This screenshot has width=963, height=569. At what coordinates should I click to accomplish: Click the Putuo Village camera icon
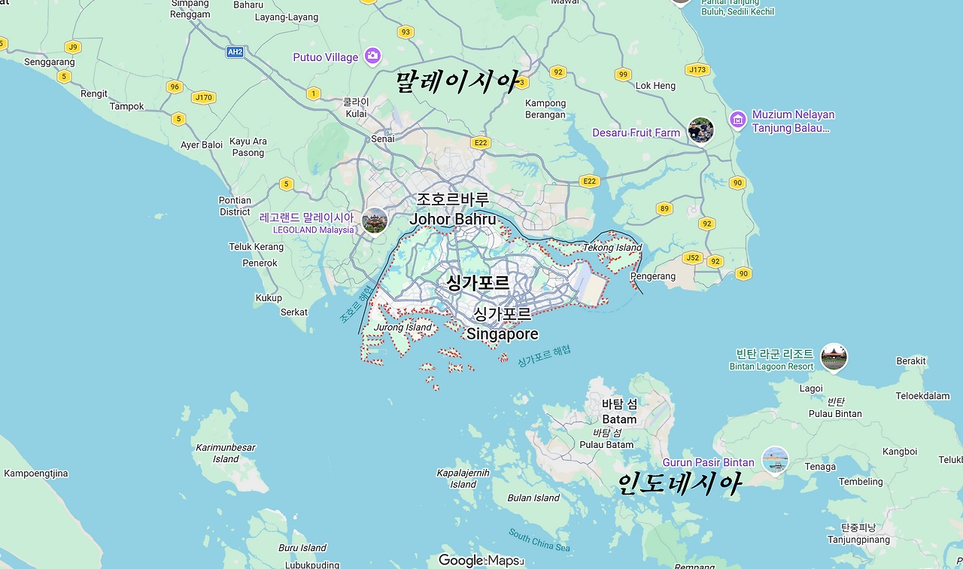tap(372, 56)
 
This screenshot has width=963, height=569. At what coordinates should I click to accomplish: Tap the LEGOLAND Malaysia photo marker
tap(374, 221)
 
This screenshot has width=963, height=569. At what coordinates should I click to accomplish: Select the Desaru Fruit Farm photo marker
tap(700, 130)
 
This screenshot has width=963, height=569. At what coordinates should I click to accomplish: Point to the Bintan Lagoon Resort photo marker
tap(834, 357)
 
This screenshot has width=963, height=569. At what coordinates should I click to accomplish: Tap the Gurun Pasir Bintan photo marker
tap(775, 460)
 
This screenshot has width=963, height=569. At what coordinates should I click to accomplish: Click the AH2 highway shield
tap(235, 52)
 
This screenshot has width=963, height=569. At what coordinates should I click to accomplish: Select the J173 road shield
tap(697, 70)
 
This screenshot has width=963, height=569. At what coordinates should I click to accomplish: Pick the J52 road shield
tap(692, 258)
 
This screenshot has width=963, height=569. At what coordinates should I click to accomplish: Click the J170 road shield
tap(203, 97)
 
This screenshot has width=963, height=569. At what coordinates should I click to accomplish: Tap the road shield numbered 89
tap(664, 208)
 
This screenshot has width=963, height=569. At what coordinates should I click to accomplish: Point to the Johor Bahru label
tap(452, 219)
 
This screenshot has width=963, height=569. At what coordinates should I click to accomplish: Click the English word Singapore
tap(502, 333)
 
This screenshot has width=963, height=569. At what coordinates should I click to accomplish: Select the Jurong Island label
tap(403, 327)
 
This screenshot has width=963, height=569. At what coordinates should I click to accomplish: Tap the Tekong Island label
tap(612, 248)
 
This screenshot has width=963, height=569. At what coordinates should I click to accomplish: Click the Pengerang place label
tap(652, 276)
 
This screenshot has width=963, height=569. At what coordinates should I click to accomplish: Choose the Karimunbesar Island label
tap(226, 452)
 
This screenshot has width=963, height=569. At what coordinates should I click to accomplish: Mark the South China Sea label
tap(539, 540)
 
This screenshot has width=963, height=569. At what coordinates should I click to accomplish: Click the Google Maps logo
tap(480, 560)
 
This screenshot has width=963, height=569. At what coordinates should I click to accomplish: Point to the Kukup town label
tap(269, 298)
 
